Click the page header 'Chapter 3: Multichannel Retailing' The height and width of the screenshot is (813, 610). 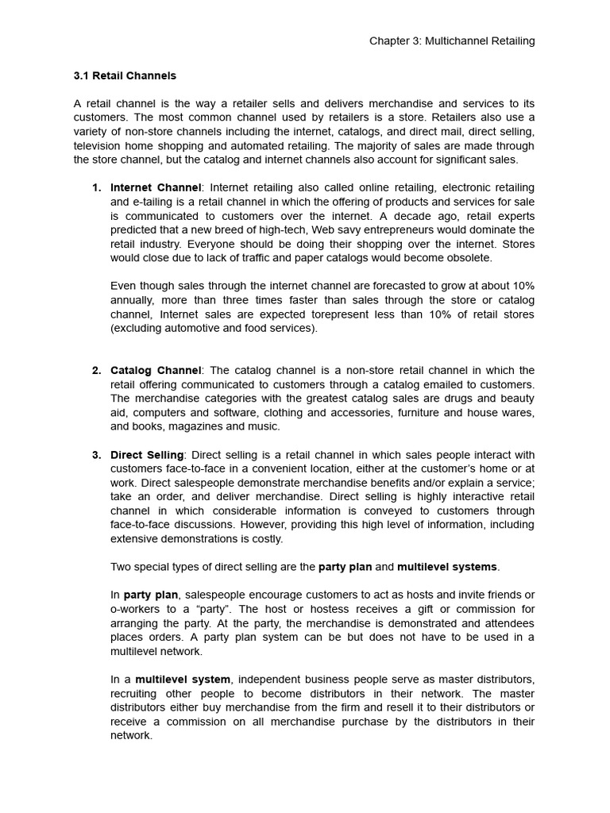[452, 41]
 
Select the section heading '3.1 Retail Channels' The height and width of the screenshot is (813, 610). [125, 76]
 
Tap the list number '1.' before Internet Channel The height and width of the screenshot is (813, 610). [96, 188]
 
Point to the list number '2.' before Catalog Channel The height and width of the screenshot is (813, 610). [96, 371]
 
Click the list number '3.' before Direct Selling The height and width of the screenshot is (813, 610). [96, 455]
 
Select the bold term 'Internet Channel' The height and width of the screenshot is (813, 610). [156, 188]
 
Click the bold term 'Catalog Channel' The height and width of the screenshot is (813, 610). [156, 371]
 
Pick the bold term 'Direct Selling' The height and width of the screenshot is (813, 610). [147, 455]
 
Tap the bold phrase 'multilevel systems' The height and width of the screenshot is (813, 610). [447, 567]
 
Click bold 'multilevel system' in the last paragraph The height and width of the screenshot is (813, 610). [183, 680]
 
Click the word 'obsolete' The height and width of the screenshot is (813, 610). [469, 258]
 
